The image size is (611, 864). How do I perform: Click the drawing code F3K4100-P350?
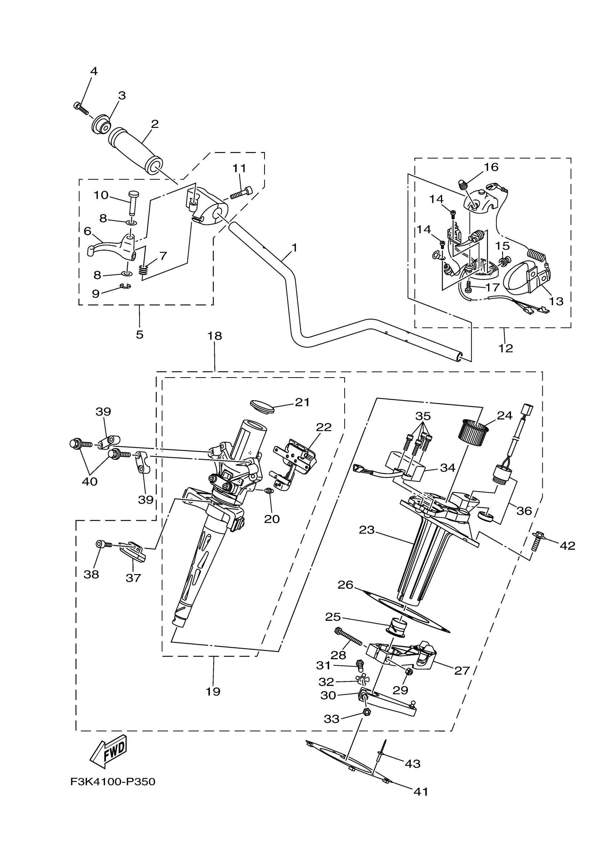(113, 782)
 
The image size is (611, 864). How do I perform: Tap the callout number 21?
(302, 402)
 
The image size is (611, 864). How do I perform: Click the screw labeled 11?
(241, 192)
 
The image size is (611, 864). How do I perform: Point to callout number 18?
(215, 336)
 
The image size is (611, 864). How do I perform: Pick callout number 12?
(506, 348)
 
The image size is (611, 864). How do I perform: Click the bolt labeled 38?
(102, 544)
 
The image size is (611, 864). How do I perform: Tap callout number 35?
(423, 416)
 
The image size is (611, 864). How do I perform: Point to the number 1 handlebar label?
(294, 248)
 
